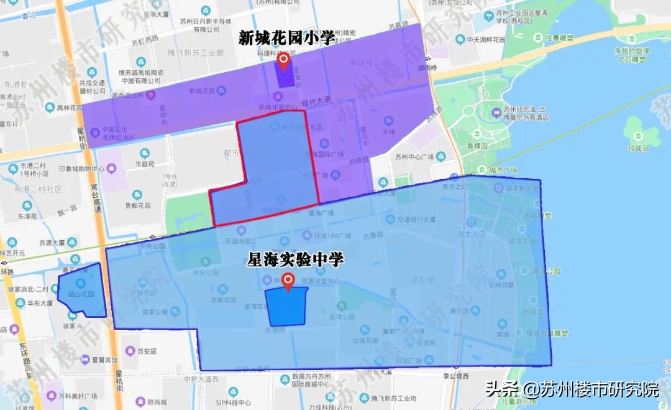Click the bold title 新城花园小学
click(x=286, y=39)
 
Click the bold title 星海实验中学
click(x=295, y=259)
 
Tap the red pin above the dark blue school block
click(x=288, y=281)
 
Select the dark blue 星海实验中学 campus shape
click(x=286, y=307)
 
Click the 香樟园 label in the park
click(x=477, y=146)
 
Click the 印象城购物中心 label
click(x=81, y=168)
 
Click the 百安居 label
click(x=147, y=352)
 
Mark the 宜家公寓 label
click(x=158, y=312)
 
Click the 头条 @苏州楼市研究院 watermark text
click(x=572, y=390)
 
